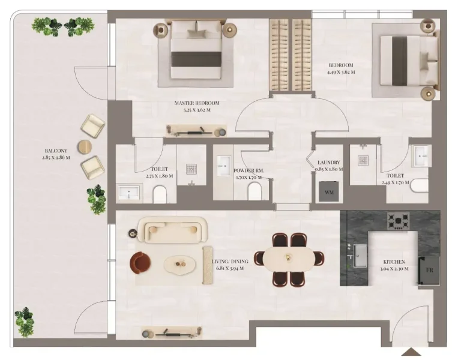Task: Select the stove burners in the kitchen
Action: [x=398, y=221]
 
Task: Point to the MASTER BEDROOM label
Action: [x=197, y=103]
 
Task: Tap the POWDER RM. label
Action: [x=249, y=170]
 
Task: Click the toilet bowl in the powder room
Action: [x=254, y=191]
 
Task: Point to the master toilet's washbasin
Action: [x=128, y=193]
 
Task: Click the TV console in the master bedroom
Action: [x=196, y=130]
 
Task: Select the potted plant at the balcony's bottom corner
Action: [x=25, y=322]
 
